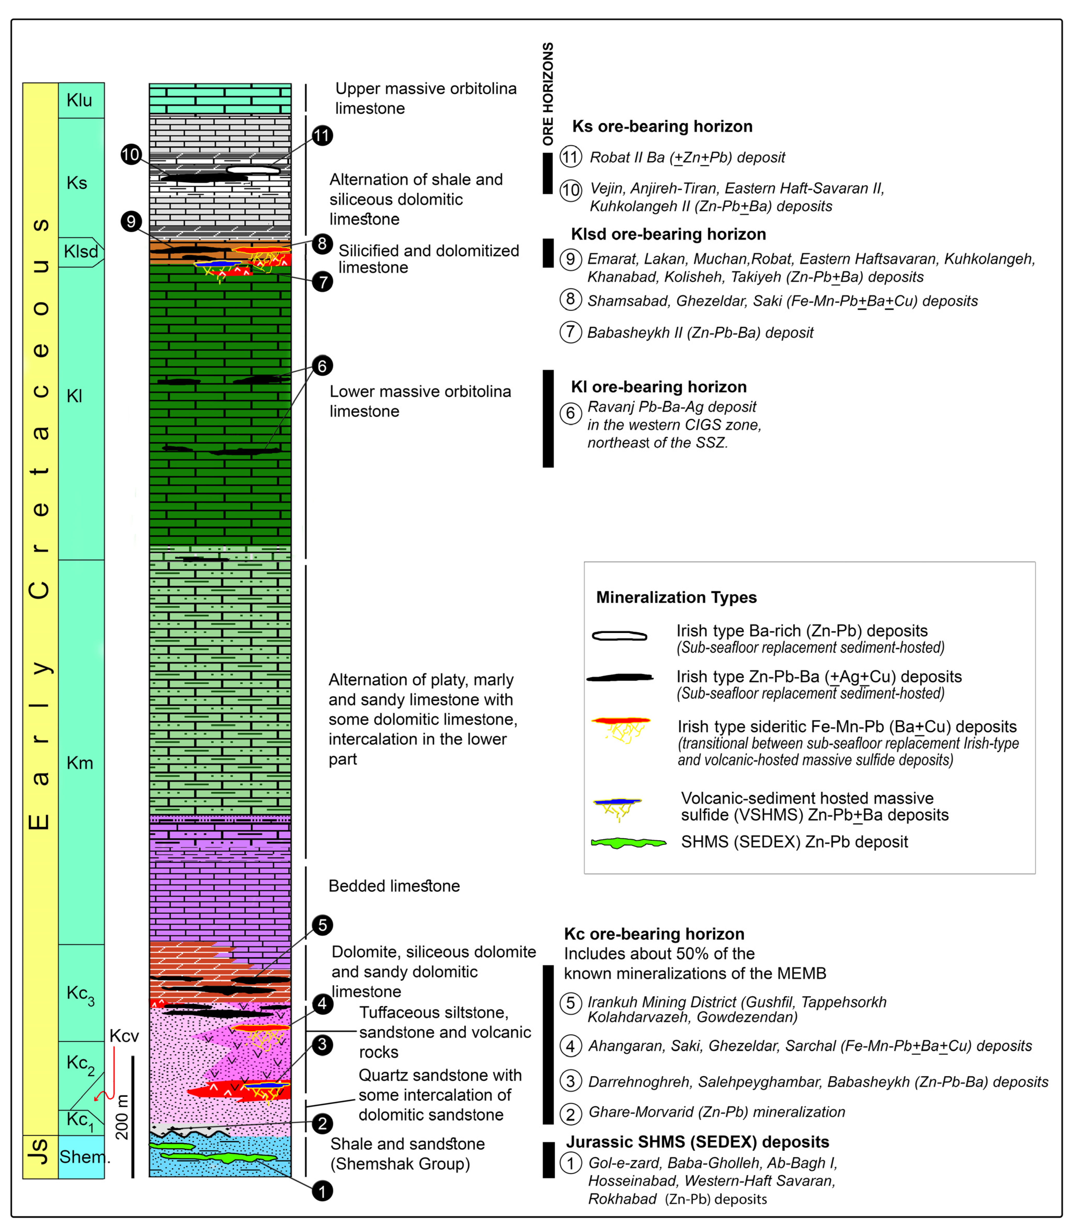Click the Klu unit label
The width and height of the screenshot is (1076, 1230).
tap(79, 100)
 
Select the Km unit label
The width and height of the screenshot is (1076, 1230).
tap(80, 763)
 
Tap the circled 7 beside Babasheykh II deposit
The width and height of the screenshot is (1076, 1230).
tap(570, 332)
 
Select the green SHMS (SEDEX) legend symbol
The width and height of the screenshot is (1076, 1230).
tap(628, 843)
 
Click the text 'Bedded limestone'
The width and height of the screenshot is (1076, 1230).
tap(394, 886)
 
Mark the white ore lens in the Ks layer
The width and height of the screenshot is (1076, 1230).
tap(253, 170)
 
